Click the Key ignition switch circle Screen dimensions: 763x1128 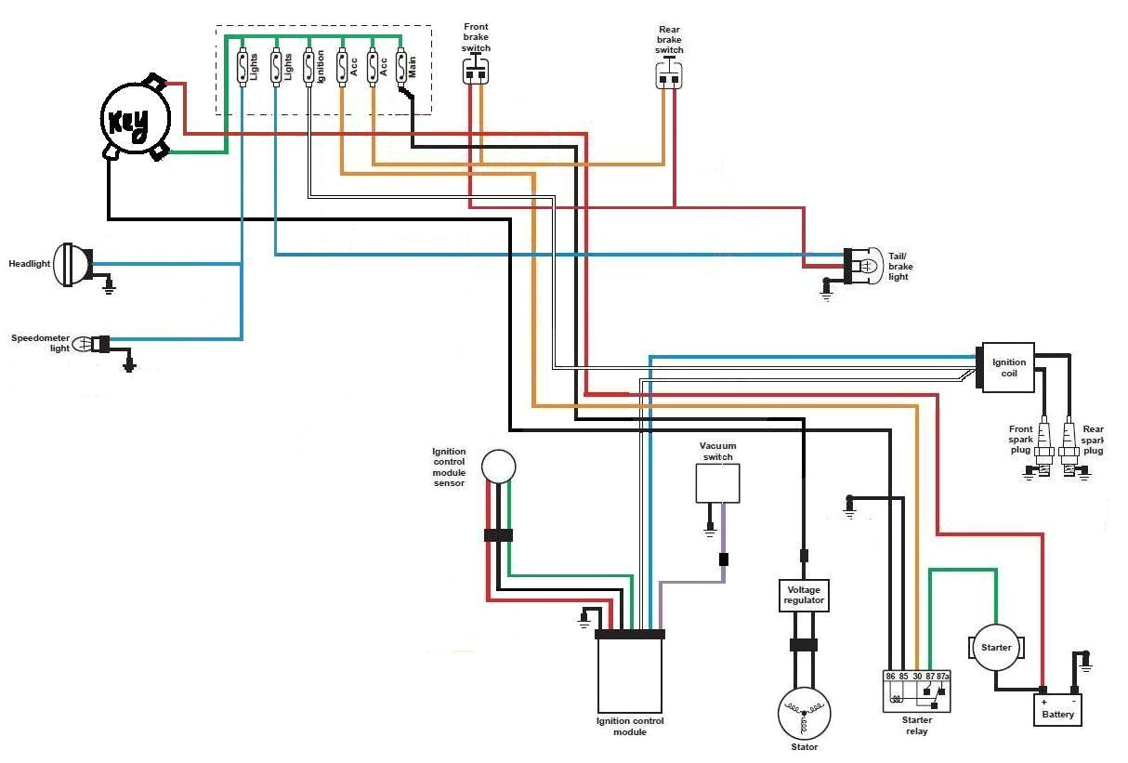[x=136, y=119]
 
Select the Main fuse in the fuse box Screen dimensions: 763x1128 [x=402, y=67]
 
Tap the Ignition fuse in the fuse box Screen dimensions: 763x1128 [x=310, y=67]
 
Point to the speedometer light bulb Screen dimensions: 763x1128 [x=84, y=343]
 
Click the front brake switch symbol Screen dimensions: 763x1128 [x=476, y=72]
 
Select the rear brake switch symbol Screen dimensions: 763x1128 [x=669, y=77]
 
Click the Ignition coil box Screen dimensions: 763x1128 [x=1009, y=367]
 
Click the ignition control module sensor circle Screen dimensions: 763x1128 [x=498, y=466]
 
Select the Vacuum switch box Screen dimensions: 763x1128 [x=718, y=483]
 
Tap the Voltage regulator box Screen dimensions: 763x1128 [x=804, y=596]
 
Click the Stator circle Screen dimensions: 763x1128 [x=804, y=714]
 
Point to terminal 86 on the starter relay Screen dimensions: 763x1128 [x=890, y=677]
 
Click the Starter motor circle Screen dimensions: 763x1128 [x=996, y=648]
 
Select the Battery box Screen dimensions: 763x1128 [x=1057, y=710]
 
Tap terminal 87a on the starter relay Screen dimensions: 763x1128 [x=944, y=677]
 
